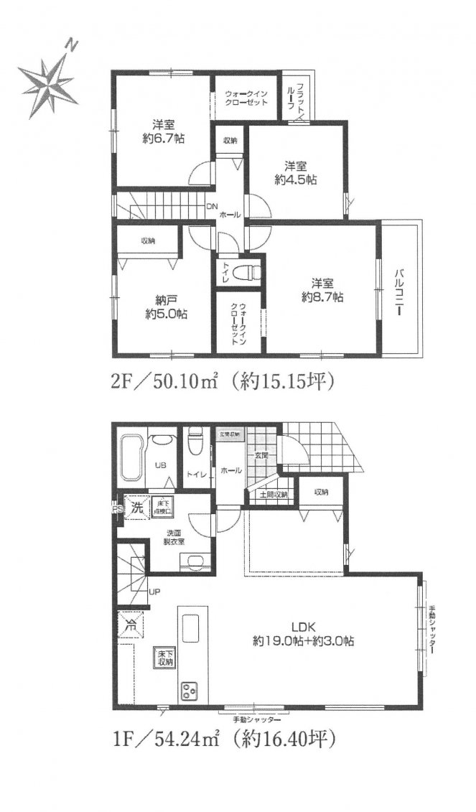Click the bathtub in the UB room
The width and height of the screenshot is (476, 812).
coord(131,456)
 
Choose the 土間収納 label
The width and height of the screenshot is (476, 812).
coord(272,495)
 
